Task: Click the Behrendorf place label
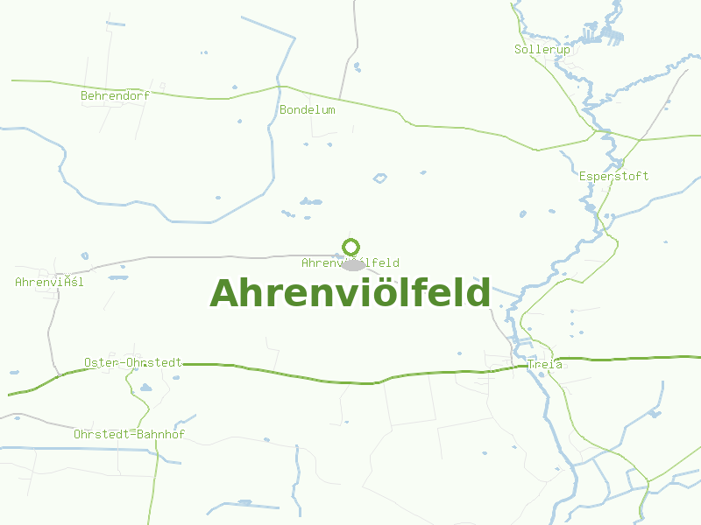tap(115, 95)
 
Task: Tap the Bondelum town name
tap(307, 110)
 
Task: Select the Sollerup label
tap(542, 50)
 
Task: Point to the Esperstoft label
tap(613, 176)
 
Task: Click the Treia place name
tap(545, 364)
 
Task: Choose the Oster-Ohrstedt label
tap(133, 362)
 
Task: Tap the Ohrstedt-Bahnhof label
tap(129, 434)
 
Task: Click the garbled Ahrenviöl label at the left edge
tap(49, 282)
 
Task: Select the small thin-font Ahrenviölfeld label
tap(350, 262)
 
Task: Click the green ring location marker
tap(350, 247)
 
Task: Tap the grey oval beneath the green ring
tap(353, 264)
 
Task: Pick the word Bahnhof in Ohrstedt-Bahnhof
tap(159, 434)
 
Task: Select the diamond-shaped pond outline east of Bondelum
tap(379, 178)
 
